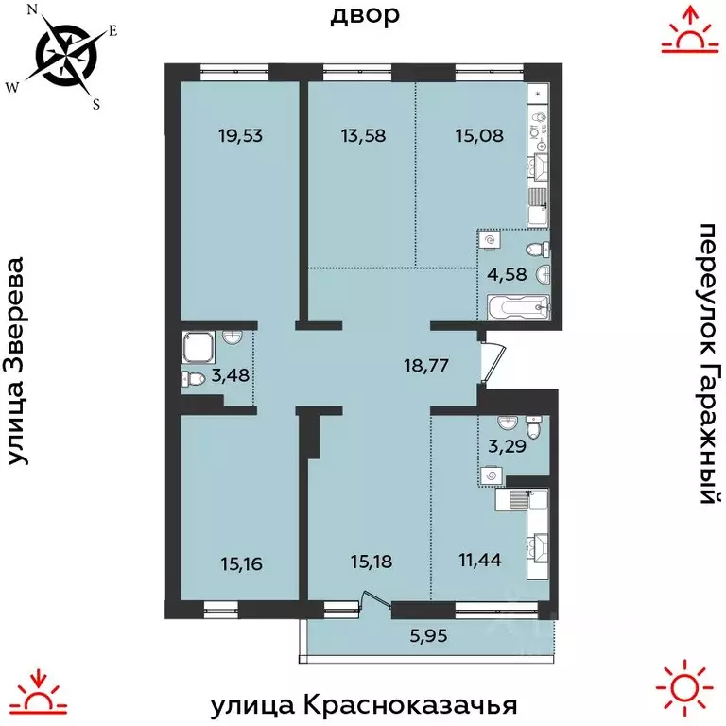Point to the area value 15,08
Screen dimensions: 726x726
473,134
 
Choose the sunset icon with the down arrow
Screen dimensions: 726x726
38,690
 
